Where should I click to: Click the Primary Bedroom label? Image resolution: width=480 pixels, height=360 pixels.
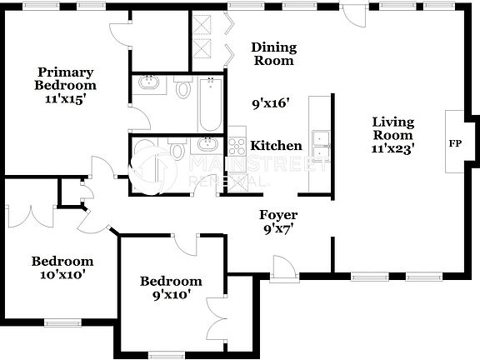(65, 77)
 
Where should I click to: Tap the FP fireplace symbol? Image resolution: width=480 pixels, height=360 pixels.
(455, 143)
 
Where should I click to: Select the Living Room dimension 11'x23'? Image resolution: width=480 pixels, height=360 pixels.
(392, 148)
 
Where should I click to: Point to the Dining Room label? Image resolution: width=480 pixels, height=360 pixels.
(274, 54)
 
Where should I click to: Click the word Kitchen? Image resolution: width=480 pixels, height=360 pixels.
(271, 145)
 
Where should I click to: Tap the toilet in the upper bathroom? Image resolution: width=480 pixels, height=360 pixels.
(184, 87)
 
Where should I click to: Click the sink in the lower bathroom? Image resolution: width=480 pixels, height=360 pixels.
(203, 146)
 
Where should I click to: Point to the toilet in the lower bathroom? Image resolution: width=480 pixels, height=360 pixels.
(176, 150)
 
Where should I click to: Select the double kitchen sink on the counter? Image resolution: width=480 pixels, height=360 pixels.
(320, 144)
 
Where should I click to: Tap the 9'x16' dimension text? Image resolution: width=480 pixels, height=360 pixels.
(271, 105)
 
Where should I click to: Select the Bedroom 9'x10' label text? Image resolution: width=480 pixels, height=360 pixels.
(171, 287)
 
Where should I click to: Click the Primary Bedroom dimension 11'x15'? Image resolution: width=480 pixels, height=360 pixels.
(65, 98)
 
